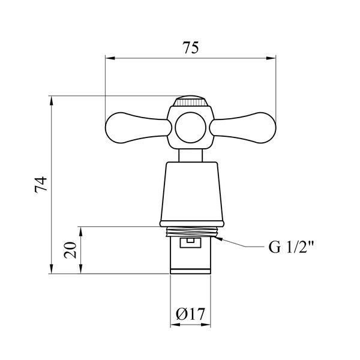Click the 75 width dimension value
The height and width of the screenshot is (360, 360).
(191, 47)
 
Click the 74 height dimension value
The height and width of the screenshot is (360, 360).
(41, 184)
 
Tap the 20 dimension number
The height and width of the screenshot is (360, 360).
(70, 250)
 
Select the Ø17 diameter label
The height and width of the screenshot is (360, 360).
(190, 314)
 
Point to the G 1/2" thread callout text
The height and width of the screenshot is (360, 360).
(291, 247)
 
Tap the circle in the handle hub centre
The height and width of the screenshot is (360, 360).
(191, 127)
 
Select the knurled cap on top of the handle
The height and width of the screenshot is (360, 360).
(191, 101)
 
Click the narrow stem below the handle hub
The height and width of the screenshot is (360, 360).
(191, 155)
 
